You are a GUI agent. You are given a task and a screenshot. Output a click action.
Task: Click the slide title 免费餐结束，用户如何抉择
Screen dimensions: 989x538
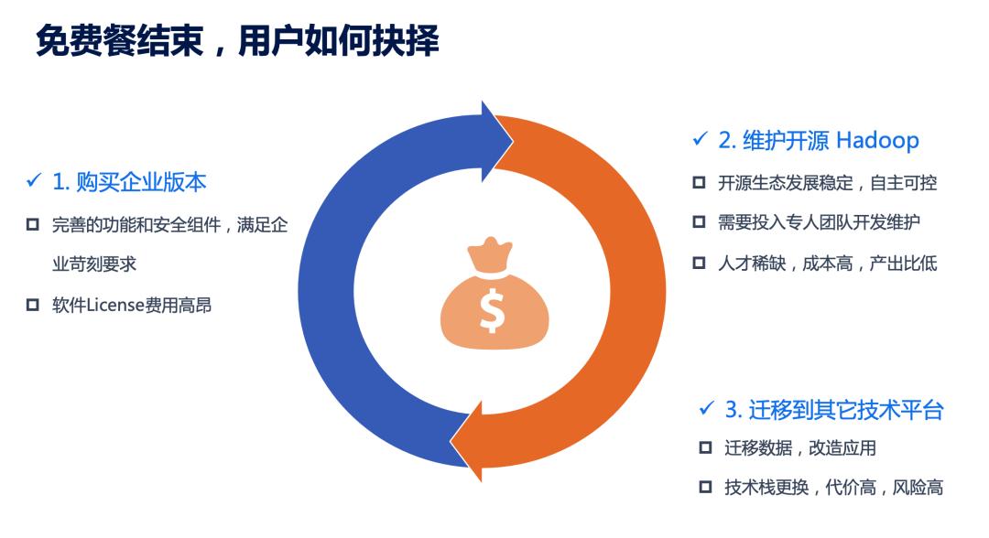[x=237, y=41]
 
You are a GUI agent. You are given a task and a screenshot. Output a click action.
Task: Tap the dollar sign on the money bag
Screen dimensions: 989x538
[x=492, y=310]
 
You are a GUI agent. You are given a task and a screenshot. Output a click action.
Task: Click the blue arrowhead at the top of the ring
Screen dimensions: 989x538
[x=497, y=141]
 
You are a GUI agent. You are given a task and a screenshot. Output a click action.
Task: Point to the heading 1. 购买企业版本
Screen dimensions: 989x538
[x=129, y=182]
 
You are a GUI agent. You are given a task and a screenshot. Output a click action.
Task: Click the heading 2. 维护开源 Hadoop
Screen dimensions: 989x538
[x=818, y=140]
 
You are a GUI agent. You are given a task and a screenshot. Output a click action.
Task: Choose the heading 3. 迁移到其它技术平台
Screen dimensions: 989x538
[x=834, y=410]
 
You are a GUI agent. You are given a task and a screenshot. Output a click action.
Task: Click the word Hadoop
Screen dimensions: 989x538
[x=878, y=140]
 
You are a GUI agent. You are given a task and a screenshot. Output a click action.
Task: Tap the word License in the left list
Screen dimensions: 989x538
[x=115, y=306]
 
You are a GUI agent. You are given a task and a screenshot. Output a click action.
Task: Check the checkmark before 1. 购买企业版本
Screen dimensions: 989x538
[x=34, y=181]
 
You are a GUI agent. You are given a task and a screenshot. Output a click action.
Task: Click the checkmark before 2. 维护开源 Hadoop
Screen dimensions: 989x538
[x=700, y=138]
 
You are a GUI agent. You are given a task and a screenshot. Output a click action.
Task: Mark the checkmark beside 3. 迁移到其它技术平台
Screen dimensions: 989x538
[x=706, y=409]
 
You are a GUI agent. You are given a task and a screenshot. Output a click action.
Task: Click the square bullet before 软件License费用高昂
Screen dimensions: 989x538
[x=32, y=306]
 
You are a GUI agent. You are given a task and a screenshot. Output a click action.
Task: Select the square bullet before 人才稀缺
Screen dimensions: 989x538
[x=699, y=263]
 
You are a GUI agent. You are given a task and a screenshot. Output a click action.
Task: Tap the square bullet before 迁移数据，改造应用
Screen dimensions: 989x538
[x=705, y=448]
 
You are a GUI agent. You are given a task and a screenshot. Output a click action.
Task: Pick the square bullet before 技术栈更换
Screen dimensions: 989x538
[x=705, y=487]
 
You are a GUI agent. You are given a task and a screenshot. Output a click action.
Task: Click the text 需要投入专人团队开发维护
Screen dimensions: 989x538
[x=819, y=222]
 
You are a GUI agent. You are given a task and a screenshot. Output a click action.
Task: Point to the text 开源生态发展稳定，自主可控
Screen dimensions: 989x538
[x=828, y=183]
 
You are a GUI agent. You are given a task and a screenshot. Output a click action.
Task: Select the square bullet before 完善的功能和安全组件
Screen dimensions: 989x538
[x=32, y=225]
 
